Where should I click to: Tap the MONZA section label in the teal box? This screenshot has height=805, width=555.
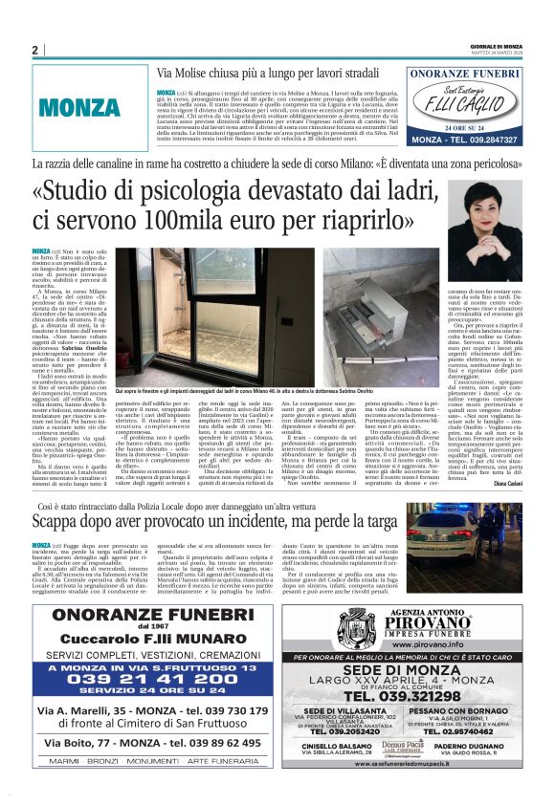tap(80, 107)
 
